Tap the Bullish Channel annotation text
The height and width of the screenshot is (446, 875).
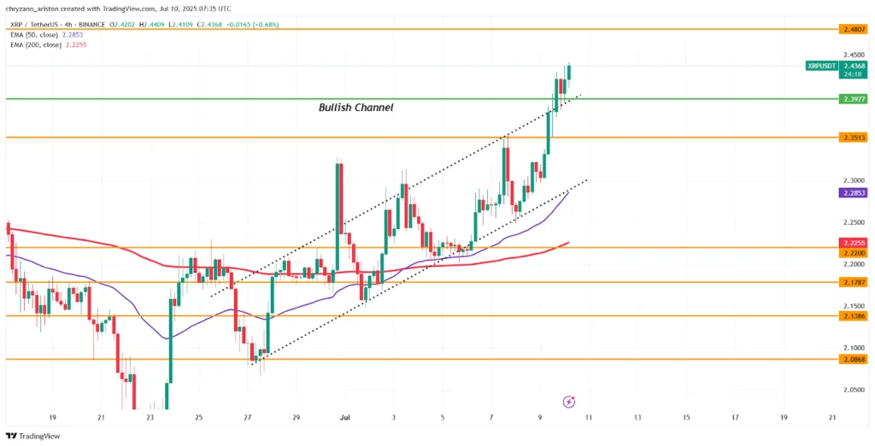click(x=355, y=108)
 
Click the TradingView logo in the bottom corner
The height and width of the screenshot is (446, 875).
click(x=34, y=435)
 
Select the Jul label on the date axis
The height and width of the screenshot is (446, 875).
click(x=346, y=417)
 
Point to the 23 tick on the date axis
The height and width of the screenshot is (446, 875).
click(x=150, y=417)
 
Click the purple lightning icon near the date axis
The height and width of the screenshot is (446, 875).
click(x=568, y=401)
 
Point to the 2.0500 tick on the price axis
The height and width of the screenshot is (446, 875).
click(x=854, y=389)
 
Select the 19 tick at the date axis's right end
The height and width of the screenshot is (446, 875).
click(x=784, y=417)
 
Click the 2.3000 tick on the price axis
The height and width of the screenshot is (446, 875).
click(x=854, y=181)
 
